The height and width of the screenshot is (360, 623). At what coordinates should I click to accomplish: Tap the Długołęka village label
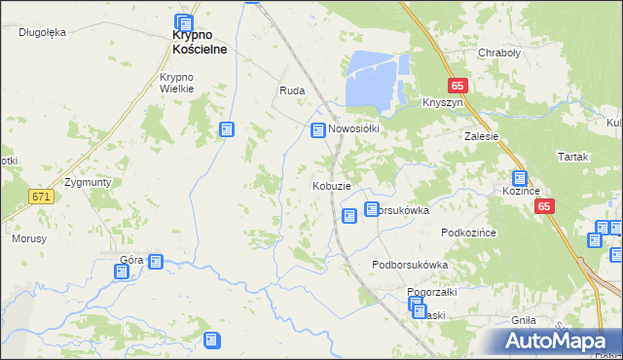[42, 32]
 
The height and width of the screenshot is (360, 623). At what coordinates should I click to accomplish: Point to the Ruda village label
[292, 90]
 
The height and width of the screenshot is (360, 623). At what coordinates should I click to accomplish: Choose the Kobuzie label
[331, 186]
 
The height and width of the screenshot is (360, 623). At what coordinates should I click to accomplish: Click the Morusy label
[29, 237]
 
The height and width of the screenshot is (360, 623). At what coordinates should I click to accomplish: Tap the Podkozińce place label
[469, 233]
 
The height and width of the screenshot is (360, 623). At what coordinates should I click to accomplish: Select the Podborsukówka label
[410, 265]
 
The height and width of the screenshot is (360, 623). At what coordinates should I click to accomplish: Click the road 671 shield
[40, 197]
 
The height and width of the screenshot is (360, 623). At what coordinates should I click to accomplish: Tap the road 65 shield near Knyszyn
[458, 85]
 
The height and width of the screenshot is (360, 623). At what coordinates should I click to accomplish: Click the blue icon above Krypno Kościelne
[184, 23]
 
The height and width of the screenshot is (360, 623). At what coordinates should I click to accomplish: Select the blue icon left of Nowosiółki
[317, 130]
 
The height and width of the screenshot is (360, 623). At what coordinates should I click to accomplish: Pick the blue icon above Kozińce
[520, 178]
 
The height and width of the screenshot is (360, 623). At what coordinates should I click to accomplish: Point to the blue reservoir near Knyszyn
[374, 77]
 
